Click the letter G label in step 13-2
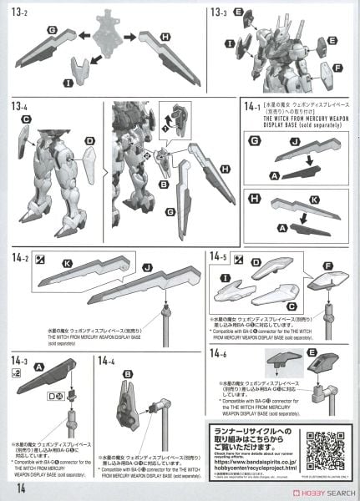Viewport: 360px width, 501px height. click(x=53, y=30)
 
